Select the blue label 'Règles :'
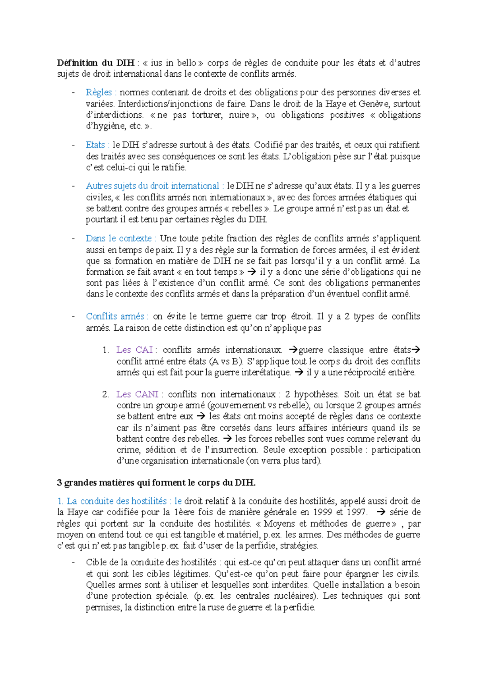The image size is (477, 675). (x=101, y=93)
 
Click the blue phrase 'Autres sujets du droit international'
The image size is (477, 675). (x=153, y=186)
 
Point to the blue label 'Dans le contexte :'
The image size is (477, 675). (x=121, y=239)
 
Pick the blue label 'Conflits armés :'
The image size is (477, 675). (x=117, y=316)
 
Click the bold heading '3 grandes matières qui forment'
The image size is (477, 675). (x=156, y=483)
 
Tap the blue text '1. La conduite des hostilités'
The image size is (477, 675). (x=112, y=501)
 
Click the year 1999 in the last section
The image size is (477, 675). (x=323, y=512)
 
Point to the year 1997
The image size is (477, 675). (x=357, y=512)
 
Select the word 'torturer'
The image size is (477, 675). (x=207, y=115)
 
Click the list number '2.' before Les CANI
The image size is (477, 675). (x=105, y=394)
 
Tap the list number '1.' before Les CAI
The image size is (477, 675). (x=105, y=350)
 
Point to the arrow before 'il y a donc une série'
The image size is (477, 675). (x=252, y=272)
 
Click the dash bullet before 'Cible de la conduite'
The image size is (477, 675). (x=73, y=563)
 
